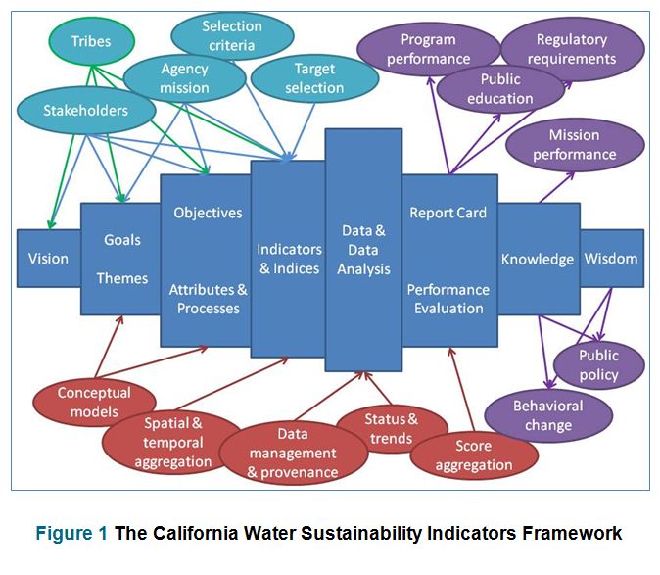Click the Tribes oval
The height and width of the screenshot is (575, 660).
(92, 41)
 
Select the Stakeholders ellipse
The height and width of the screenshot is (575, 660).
(86, 111)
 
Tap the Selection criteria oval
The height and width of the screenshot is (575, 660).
(232, 36)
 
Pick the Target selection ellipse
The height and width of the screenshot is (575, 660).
(314, 78)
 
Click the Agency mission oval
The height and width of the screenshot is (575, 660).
(185, 78)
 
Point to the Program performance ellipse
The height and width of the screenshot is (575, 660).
(429, 49)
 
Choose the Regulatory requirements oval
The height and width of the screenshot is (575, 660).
(573, 49)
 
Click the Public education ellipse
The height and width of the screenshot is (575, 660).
(500, 89)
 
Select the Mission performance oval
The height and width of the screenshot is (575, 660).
(575, 145)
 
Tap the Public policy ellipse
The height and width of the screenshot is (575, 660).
(599, 365)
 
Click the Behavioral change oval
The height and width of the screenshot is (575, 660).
(548, 415)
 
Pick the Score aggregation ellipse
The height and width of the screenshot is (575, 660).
(474, 455)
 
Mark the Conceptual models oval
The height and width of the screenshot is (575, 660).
(94, 402)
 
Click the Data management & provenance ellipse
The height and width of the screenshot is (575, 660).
(294, 453)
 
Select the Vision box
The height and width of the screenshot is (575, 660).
(49, 259)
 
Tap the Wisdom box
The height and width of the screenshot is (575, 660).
(612, 259)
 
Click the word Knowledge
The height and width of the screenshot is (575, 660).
(538, 260)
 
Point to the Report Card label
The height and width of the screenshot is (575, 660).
(448, 213)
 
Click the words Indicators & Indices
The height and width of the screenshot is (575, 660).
(289, 259)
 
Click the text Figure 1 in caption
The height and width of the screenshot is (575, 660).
(71, 533)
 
